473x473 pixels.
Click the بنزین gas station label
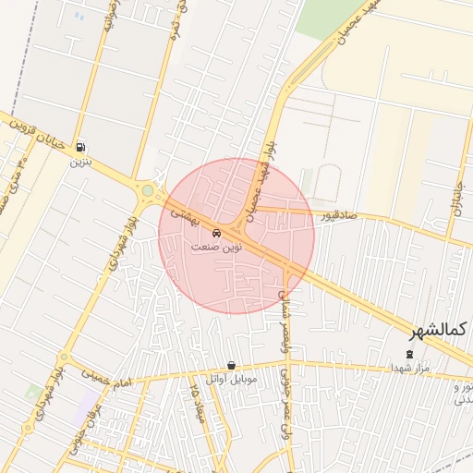point(81,161)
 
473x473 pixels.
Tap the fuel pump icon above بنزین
point(81,147)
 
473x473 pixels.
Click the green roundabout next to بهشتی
point(147,191)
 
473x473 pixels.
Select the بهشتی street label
point(181,212)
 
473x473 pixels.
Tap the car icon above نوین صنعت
point(216,233)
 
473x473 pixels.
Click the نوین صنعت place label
point(216,248)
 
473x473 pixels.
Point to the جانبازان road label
point(459,196)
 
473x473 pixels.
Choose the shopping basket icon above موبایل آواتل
point(231,365)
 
